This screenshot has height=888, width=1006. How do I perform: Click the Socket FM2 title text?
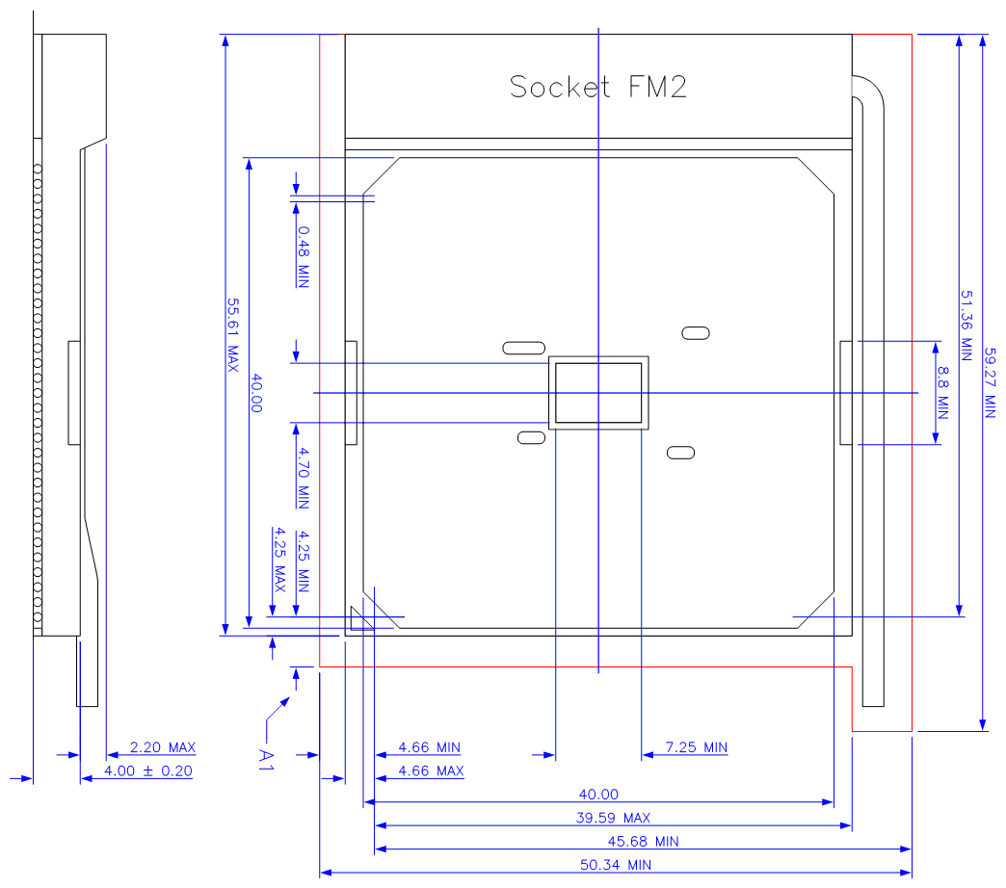click(x=597, y=87)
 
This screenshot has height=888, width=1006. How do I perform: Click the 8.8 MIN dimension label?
click(x=942, y=393)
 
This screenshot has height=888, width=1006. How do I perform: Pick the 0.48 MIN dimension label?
click(x=303, y=256)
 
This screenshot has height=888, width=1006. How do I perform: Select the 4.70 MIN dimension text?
click(x=303, y=478)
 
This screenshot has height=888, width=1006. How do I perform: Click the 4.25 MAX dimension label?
click(x=279, y=559)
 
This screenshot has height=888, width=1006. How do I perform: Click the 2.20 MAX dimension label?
click(x=162, y=747)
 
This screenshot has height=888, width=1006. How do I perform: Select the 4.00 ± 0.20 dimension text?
click(x=148, y=770)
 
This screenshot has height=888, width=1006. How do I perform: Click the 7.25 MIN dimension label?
click(x=696, y=747)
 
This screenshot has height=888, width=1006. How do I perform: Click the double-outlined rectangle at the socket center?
click(x=598, y=393)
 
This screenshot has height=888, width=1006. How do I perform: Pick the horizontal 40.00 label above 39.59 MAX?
click(x=597, y=795)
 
